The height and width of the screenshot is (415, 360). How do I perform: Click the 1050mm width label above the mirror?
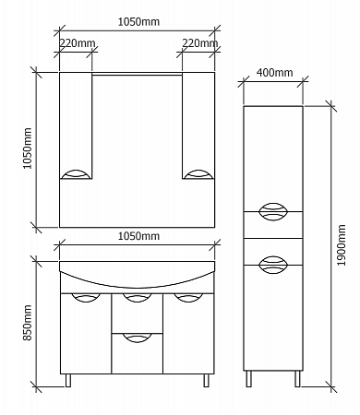pos(138,22)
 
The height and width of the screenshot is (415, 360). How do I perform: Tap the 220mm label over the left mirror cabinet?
pos(77,43)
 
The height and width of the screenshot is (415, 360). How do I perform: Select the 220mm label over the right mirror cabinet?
pos(199,43)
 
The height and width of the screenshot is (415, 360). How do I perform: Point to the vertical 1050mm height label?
pos(27,148)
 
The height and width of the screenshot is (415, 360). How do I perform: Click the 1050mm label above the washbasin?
pos(138,236)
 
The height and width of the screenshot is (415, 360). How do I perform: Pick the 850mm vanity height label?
pos(27,323)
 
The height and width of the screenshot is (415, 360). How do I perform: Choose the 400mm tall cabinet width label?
pos(274,73)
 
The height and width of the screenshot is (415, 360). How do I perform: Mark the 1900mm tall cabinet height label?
pos(342,245)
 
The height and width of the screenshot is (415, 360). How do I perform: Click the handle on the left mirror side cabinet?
pos(76,174)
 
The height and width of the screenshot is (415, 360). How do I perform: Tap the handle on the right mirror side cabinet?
pos(198,174)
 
